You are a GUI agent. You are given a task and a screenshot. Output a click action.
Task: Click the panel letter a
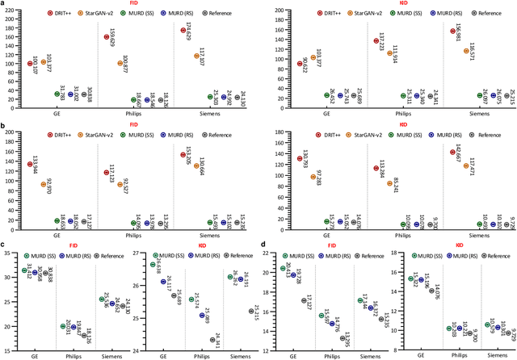(5, 4)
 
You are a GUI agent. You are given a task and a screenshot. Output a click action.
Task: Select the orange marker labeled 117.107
(196, 56)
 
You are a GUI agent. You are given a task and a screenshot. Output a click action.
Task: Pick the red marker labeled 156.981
(453, 31)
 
